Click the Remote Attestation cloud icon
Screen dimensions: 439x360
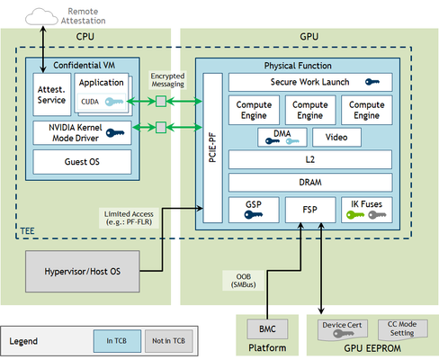click(41, 17)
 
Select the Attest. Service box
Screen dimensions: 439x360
click(52, 94)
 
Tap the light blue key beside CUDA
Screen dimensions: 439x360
click(114, 102)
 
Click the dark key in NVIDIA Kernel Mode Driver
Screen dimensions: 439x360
click(115, 132)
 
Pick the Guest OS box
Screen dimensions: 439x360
click(82, 162)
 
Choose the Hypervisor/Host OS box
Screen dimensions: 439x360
click(83, 272)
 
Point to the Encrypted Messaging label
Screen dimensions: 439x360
click(167, 80)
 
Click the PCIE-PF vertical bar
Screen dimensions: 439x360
click(212, 148)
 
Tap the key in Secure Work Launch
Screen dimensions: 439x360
click(372, 82)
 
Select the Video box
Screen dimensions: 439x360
click(336, 138)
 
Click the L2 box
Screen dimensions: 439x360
click(310, 159)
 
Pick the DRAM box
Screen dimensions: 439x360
click(310, 183)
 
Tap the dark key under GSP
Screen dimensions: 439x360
click(254, 215)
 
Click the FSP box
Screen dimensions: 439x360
click(310, 210)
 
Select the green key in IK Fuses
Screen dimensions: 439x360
click(355, 215)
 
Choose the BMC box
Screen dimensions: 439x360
click(267, 329)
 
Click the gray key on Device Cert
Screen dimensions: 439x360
click(343, 334)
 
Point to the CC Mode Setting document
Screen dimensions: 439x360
click(403, 329)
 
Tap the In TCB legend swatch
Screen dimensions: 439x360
click(117, 341)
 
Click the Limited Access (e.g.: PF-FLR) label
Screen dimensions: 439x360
click(129, 218)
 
